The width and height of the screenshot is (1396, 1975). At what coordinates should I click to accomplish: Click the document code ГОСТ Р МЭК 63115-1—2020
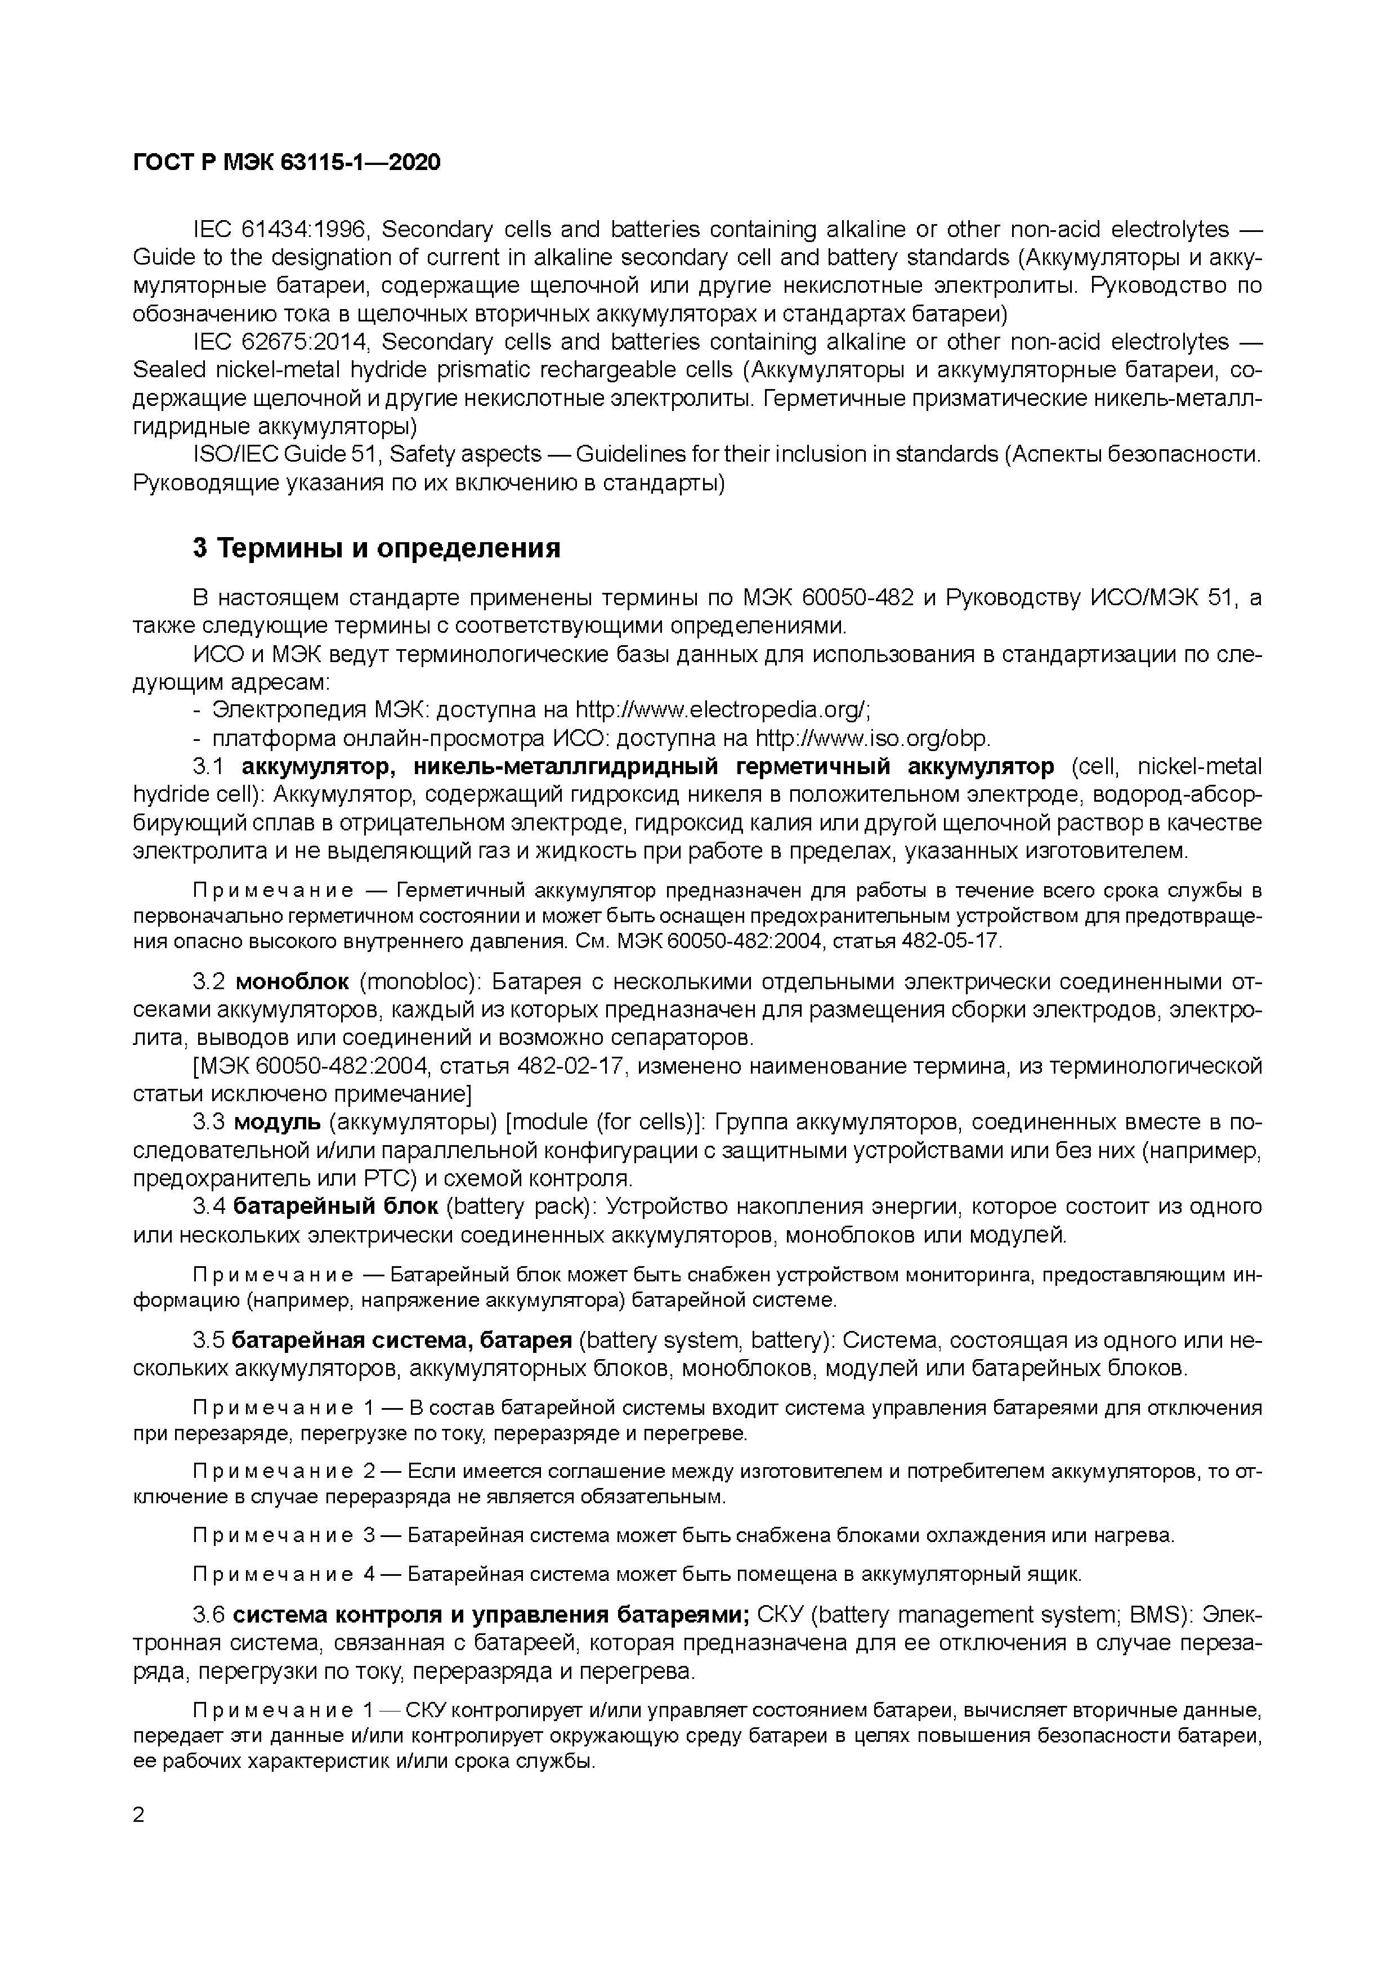click(x=287, y=162)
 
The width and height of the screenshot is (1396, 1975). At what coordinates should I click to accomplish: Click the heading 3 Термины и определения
click(x=376, y=548)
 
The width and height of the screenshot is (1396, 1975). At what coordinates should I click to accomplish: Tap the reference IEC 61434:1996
click(x=280, y=230)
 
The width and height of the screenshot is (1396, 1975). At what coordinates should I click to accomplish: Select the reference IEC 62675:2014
click(x=280, y=342)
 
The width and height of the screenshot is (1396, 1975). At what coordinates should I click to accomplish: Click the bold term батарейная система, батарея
click(x=402, y=1340)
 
